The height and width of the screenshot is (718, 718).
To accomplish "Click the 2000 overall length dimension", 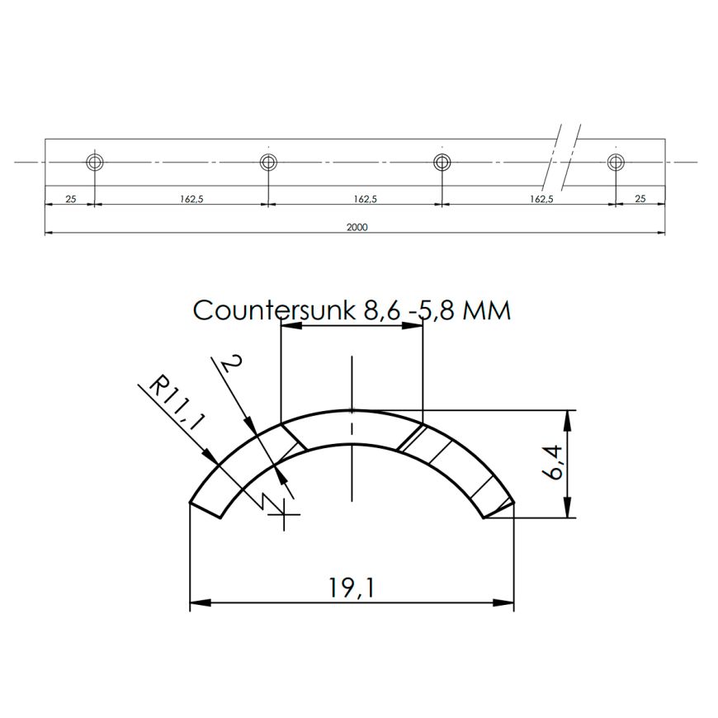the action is [357, 227].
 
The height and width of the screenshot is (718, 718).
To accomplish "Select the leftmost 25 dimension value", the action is [70, 199].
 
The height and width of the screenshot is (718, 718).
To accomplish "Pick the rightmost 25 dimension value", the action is [640, 199].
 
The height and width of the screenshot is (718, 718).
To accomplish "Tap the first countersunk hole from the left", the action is [95, 162].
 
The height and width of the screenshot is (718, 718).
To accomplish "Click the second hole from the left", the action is [268, 162].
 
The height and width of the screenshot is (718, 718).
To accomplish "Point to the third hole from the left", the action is [442, 162].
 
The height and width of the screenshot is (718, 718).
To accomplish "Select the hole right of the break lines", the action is [616, 162].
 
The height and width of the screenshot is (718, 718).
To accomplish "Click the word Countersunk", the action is [274, 310].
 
